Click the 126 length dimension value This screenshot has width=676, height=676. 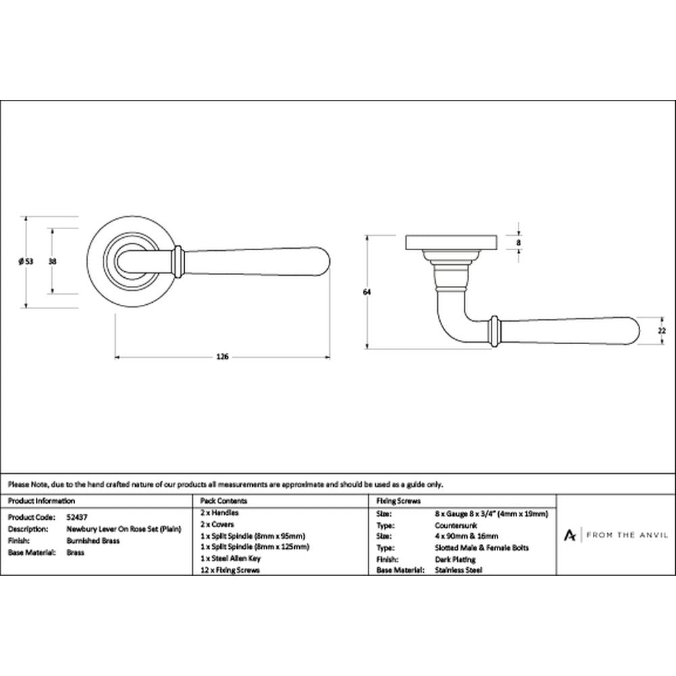222,357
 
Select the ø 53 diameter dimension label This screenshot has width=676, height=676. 26,261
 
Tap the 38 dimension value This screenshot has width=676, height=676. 53,261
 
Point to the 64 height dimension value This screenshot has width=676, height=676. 367,292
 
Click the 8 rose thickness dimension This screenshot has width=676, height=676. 518,242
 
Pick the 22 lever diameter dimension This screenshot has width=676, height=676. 662,331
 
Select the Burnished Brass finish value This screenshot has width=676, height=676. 93,541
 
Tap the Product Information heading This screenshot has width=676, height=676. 41,500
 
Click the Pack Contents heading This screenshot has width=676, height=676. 224,500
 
